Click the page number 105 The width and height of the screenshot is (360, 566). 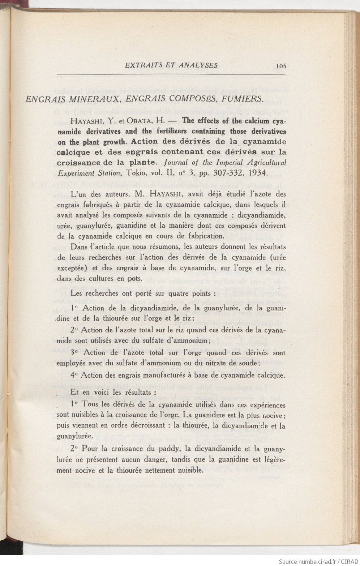280,66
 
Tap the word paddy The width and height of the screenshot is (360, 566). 169,449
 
